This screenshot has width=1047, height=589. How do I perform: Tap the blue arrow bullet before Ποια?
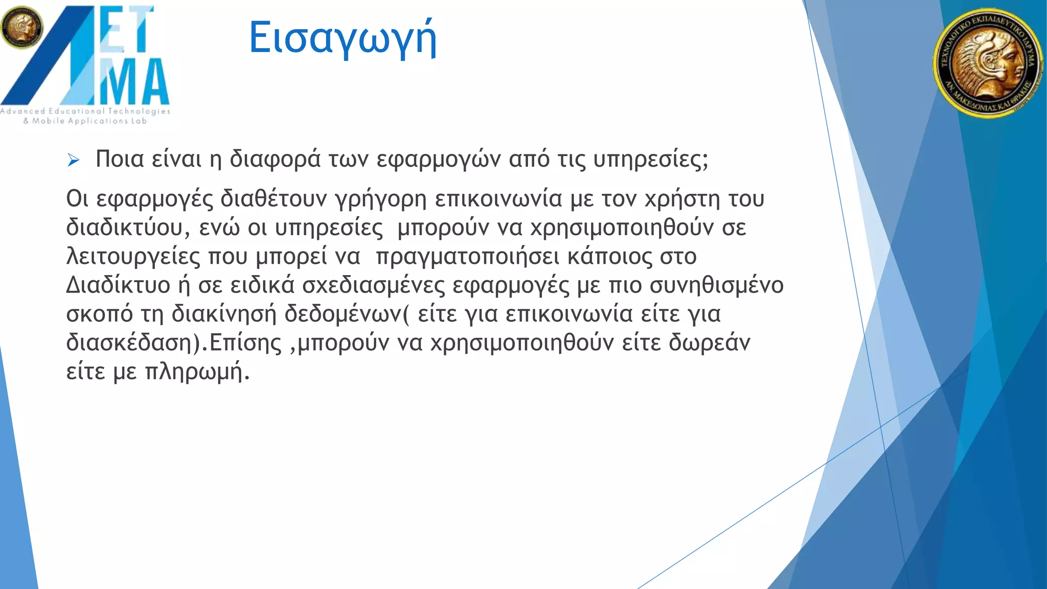point(73,161)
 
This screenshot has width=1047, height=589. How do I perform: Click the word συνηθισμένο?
point(716,285)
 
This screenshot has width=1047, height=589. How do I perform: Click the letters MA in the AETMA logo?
point(134,81)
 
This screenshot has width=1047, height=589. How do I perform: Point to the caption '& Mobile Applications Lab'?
point(85,121)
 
